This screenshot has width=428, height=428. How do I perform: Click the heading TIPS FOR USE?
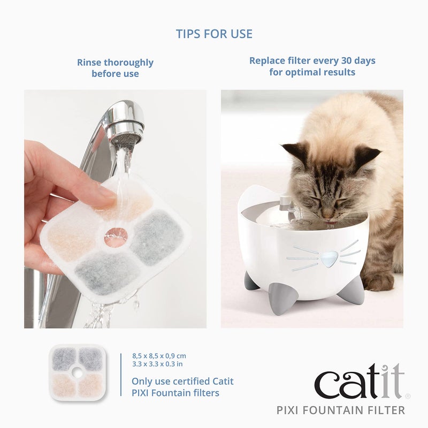214,34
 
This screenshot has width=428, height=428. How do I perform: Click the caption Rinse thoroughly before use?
115,68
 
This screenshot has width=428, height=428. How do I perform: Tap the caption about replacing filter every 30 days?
312,66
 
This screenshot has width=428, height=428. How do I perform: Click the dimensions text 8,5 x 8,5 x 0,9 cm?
159,356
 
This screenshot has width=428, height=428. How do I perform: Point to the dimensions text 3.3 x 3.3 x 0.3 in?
157,364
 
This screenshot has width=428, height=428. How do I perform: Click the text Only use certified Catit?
182,381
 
